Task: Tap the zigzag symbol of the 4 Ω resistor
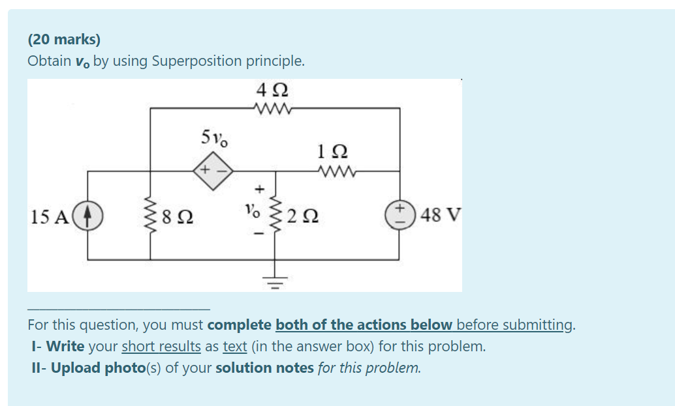click(274, 108)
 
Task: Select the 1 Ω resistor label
click(332, 152)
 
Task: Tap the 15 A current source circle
click(89, 214)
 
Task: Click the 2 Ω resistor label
click(302, 216)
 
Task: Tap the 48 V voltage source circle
click(400, 214)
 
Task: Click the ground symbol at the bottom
click(275, 282)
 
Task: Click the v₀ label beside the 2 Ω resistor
click(252, 212)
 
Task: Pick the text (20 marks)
click(64, 40)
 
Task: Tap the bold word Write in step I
click(65, 346)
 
